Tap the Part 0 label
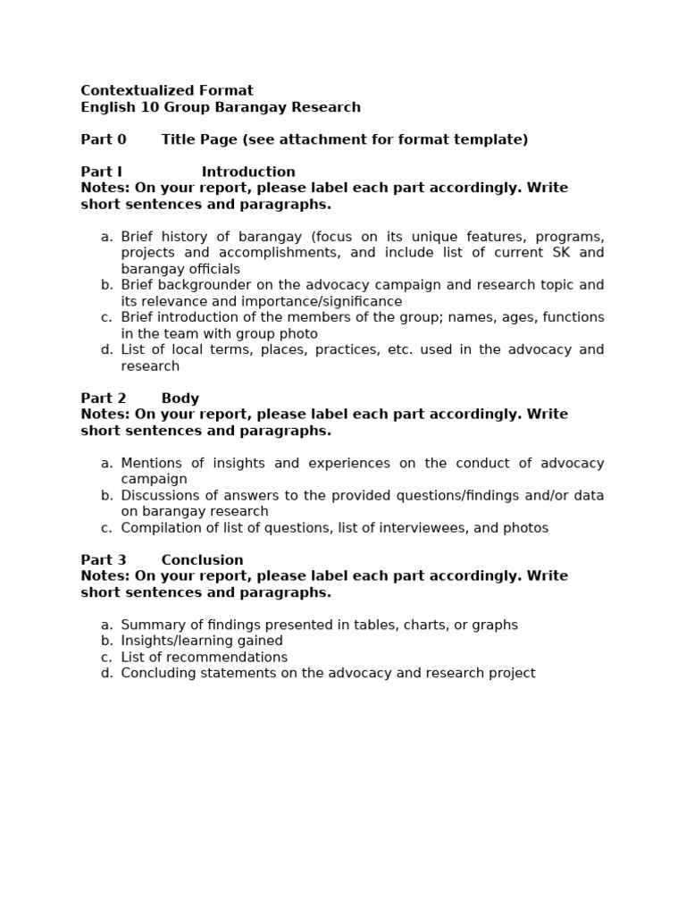(x=104, y=139)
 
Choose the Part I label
(x=101, y=172)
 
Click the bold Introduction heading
(x=248, y=172)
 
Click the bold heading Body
(x=180, y=399)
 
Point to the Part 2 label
(x=104, y=399)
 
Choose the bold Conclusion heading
(x=202, y=560)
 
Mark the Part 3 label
(x=104, y=560)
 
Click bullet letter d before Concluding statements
(x=106, y=674)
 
